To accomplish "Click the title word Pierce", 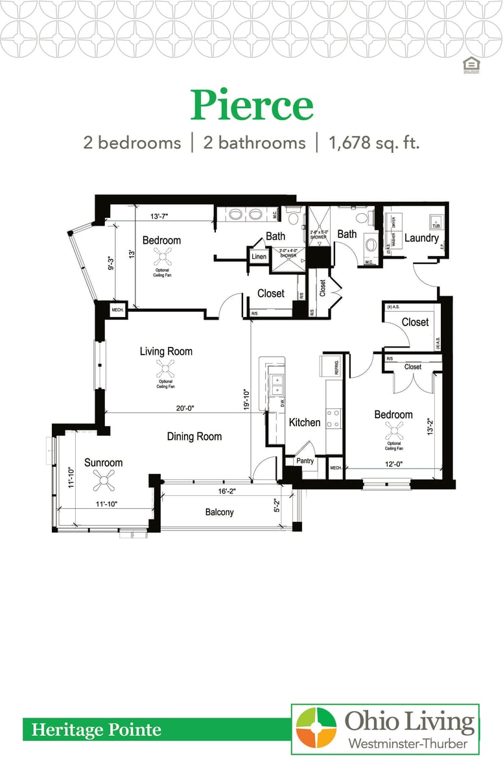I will click(251, 106).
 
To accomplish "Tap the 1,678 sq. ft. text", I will click(374, 143).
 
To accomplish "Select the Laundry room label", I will click(421, 238).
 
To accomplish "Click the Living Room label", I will click(166, 351).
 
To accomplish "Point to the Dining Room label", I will click(194, 436).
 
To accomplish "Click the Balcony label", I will click(219, 512).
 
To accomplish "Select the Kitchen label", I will click(305, 422).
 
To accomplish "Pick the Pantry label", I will click(305, 461).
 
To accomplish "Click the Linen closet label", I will click(258, 257).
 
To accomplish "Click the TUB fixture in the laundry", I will click(436, 226).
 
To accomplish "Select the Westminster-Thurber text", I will click(408, 743).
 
